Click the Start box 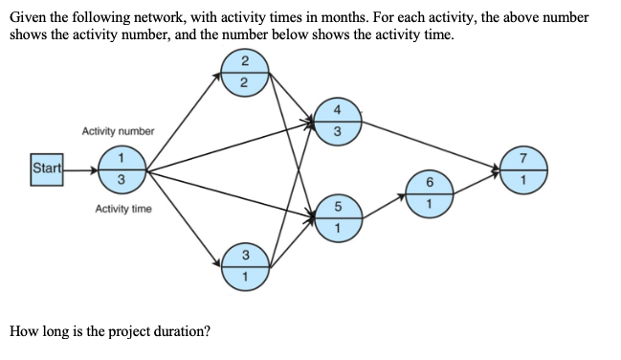coord(46,169)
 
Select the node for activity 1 coord(122,169)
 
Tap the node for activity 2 coord(245,73)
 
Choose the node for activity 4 coord(335,120)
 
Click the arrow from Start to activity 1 coord(79,170)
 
